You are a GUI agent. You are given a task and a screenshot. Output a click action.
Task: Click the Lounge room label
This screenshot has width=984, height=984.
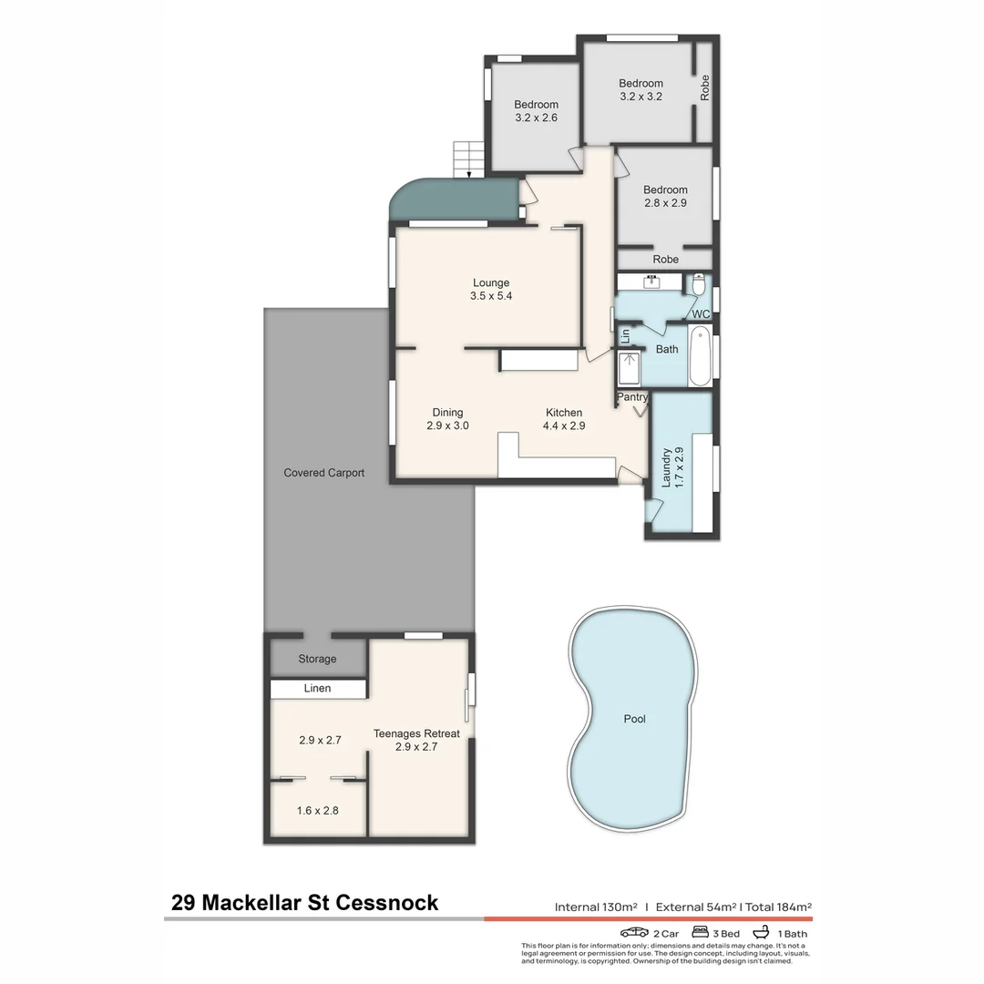click(x=490, y=289)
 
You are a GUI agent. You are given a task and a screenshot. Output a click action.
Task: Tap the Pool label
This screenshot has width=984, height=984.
click(x=634, y=719)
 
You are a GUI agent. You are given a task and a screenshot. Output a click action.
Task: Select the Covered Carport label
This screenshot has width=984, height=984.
click(x=323, y=473)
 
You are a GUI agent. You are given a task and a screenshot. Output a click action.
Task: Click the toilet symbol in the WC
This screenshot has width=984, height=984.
click(x=699, y=285)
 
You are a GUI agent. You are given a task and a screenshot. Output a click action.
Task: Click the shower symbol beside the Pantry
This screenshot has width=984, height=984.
click(x=629, y=369)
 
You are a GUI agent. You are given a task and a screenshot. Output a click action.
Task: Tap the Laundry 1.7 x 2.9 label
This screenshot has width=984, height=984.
click(x=672, y=466)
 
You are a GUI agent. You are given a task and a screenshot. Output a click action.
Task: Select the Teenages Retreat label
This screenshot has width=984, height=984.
click(x=416, y=740)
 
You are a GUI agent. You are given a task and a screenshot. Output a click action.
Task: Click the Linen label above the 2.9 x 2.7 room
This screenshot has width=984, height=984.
click(x=318, y=689)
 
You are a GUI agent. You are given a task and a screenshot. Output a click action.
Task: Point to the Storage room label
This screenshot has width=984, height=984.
click(x=317, y=659)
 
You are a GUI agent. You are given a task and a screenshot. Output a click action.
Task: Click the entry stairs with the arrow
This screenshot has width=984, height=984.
click(x=467, y=159)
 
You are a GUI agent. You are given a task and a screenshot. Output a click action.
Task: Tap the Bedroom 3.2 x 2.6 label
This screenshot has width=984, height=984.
click(x=536, y=111)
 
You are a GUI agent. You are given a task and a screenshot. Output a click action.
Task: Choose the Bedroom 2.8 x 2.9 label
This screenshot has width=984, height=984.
click(x=664, y=197)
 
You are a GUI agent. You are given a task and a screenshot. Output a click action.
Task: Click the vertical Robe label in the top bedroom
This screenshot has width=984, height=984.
click(x=704, y=87)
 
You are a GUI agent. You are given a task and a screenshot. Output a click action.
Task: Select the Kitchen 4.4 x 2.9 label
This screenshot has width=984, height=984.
click(x=563, y=419)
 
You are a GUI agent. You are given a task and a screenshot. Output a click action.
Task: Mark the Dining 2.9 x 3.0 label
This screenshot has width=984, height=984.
click(x=447, y=419)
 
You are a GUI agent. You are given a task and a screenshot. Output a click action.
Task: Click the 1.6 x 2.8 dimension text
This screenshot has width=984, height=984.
click(x=317, y=809)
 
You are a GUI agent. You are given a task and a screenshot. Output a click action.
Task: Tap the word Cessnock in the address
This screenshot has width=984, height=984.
click(x=387, y=903)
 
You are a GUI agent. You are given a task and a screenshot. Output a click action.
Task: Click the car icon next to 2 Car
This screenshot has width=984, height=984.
click(x=634, y=933)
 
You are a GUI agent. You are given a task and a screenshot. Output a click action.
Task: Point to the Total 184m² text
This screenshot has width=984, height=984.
click(x=778, y=907)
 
